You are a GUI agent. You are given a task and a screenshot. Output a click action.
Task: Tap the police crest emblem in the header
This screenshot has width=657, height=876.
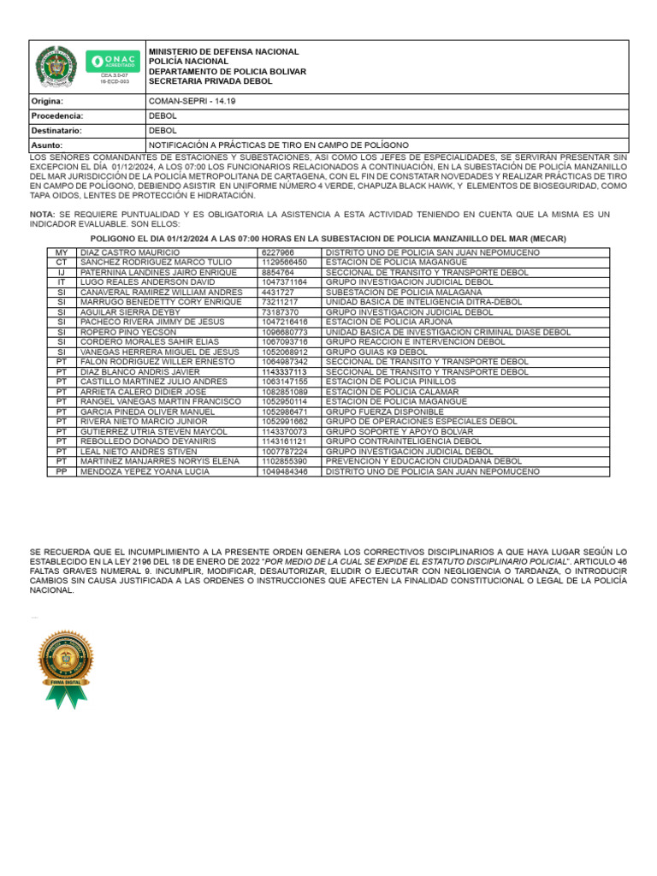point(57,65)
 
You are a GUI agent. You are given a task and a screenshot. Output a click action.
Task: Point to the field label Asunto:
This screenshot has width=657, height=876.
point(47,145)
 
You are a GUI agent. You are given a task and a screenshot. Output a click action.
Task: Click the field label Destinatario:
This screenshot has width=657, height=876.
point(56,131)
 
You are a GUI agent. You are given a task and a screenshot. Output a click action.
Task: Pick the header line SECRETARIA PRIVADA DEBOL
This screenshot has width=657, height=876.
point(210,81)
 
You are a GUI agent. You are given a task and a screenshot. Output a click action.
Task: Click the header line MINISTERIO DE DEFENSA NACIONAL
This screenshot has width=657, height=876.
point(224,51)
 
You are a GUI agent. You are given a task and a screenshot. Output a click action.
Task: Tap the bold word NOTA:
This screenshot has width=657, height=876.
point(42,213)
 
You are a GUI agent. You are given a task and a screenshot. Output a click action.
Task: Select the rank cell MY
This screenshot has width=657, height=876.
point(62,253)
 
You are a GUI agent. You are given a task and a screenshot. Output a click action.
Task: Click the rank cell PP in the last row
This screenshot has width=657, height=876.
point(62,471)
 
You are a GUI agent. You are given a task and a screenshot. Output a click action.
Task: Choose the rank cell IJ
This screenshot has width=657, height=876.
point(62,273)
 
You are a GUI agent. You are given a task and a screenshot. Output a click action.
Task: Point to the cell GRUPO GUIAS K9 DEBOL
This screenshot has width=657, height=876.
point(376,352)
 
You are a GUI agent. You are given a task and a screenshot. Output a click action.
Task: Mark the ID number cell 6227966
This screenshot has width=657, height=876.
point(279,253)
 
